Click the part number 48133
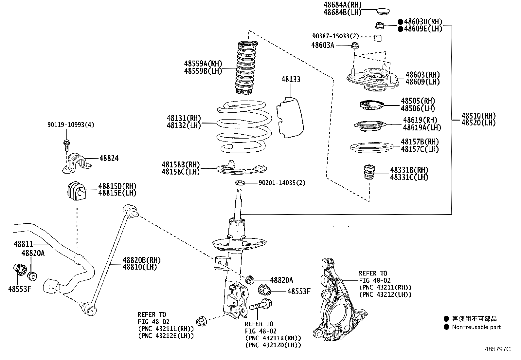pyautogui.click(x=291, y=80)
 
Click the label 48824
pyautogui.click(x=109, y=158)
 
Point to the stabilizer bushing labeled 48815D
pyautogui.click(x=76, y=190)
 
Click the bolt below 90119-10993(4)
pyautogui.click(x=66, y=144)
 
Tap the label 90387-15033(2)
pyautogui.click(x=335, y=36)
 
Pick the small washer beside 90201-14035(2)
pyautogui.click(x=240, y=182)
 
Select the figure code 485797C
pyautogui.click(x=498, y=349)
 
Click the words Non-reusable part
pyautogui.click(x=476, y=327)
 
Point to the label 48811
pyautogui.click(x=23, y=244)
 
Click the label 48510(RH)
pyautogui.click(x=478, y=116)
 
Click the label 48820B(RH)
pyautogui.click(x=142, y=260)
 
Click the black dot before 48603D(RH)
pyautogui.click(x=400, y=22)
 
